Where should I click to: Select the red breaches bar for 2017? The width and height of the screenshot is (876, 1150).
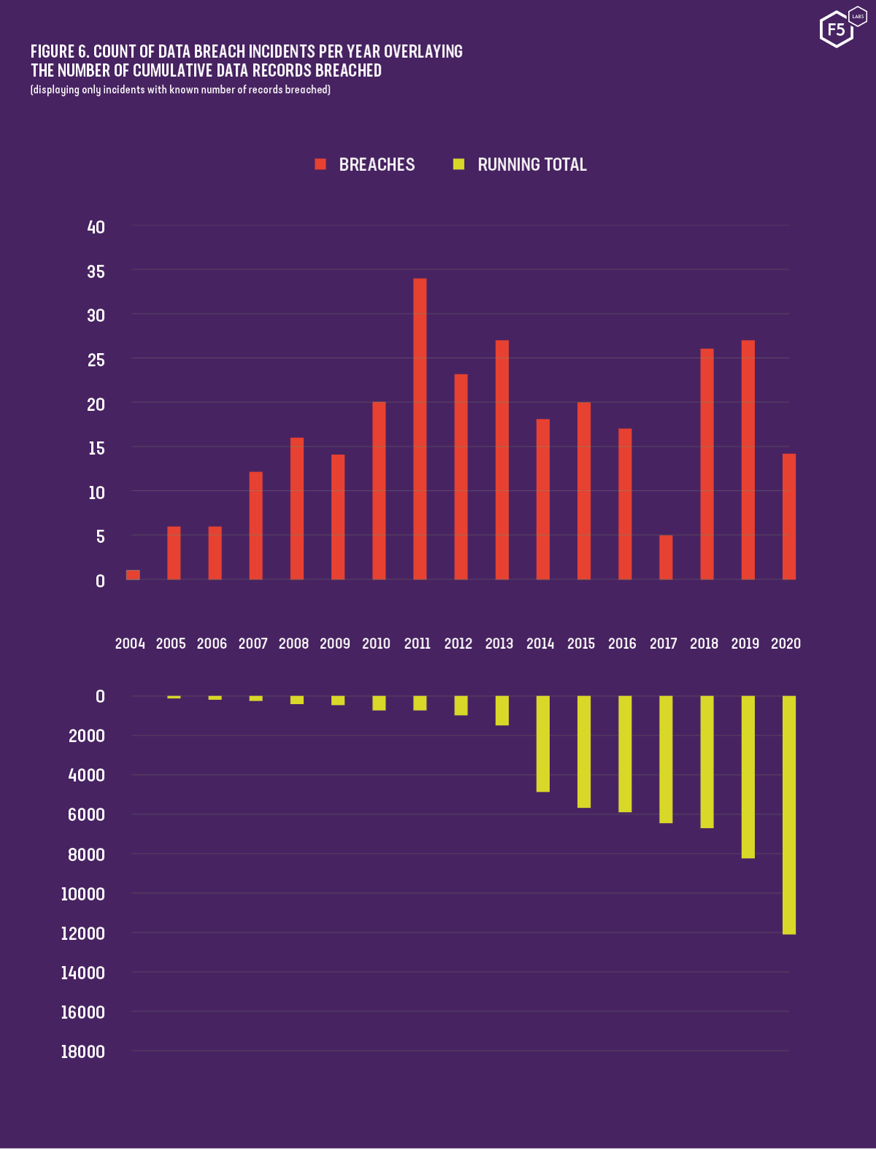pos(666,557)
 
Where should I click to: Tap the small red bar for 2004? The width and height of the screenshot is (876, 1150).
pos(133,575)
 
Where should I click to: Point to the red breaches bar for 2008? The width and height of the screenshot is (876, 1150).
pos(297,509)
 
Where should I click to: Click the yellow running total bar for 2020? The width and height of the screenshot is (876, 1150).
pos(789,814)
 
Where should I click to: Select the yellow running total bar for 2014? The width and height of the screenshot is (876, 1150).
pos(543,744)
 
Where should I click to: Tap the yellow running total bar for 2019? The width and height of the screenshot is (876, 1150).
pos(748,776)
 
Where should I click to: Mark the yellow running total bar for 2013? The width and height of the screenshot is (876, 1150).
pos(502,710)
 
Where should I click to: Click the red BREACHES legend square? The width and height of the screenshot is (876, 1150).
pos(320,164)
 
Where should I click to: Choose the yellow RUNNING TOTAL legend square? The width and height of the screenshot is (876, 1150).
pos(459,164)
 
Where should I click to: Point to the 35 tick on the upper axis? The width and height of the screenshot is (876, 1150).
pos(96,272)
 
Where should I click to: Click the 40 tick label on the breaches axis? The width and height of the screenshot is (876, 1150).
pos(96,228)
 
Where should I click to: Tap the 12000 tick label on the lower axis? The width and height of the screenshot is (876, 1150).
pos(83,933)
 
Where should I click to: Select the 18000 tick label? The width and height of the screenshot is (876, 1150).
pos(83,1051)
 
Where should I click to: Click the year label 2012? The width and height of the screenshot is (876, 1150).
pos(458,644)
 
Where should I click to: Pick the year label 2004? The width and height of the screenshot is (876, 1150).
pos(130,644)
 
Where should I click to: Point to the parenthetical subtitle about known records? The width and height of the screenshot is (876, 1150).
pos(180,90)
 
